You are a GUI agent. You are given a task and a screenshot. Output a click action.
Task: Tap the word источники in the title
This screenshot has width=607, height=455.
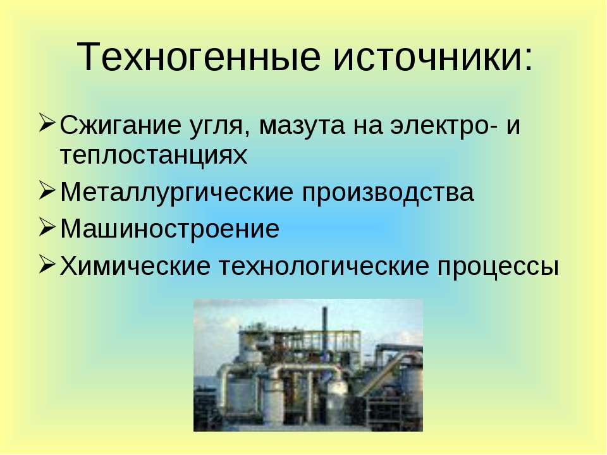coord(429,58)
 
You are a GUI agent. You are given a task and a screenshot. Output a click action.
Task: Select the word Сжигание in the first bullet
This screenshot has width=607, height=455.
coord(120,126)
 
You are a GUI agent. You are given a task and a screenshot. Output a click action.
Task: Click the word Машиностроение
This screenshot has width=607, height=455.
coord(170,229)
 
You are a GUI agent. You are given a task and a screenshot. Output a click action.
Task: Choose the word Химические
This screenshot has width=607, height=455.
coord(135,266)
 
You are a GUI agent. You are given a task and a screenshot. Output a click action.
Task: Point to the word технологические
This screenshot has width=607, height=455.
coord(324,266)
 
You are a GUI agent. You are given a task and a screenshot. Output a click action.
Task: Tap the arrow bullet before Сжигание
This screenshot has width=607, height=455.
coord(46,123)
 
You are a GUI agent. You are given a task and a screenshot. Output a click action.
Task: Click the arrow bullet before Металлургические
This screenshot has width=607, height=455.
coord(46,190)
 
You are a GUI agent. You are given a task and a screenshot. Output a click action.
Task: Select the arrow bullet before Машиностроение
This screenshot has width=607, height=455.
coord(46,227)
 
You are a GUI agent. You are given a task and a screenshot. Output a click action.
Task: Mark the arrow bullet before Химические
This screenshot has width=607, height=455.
coord(46,264)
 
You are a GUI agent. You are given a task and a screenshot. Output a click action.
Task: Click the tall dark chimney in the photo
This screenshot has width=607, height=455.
coord(325,329)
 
